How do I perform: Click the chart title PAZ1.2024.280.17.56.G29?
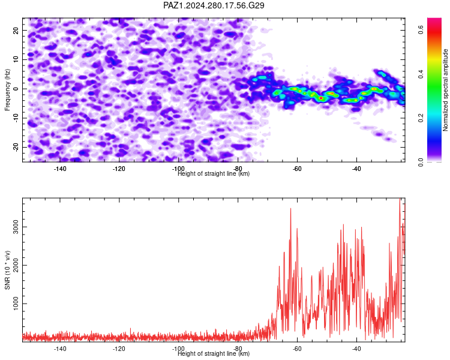pos(214,5)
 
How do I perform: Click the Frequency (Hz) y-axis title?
pos(7,90)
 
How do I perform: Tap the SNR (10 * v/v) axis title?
pos(7,270)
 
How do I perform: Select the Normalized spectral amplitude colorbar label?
pos(445,89)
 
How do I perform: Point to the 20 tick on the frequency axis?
pos(16,31)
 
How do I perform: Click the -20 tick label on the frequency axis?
pos(16,147)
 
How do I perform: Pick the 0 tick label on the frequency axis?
pos(16,89)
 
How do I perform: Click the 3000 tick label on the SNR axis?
pos(16,227)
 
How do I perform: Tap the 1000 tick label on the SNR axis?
pos(16,304)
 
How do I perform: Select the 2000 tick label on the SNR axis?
pos(16,265)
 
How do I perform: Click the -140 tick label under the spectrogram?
pos(59,169)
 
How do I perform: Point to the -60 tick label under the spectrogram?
pos(297,169)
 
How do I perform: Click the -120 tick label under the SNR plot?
pos(119,349)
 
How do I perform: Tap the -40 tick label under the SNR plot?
pos(356,349)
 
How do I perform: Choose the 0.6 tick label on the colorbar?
pos(421,29)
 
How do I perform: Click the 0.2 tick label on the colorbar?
pos(421,118)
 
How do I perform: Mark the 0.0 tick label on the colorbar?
pos(421,162)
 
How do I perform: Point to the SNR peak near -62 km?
pos(290,209)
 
